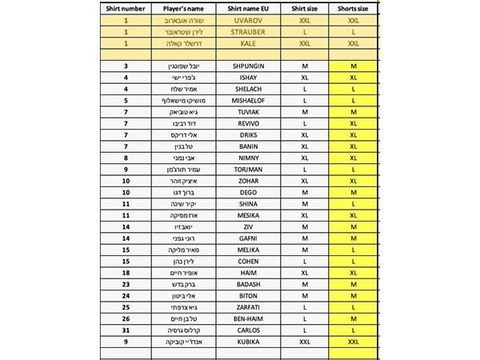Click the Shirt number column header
point(126,7)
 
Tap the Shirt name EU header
point(246,7)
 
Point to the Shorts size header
point(353,7)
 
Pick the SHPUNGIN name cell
point(245,66)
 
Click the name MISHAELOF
point(245,101)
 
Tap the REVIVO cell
point(245,124)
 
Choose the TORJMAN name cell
point(245,170)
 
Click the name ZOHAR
point(245,182)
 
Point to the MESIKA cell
point(245,216)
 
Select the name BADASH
point(245,285)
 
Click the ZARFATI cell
point(245,307)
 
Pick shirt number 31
point(126,330)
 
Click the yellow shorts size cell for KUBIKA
point(353,342)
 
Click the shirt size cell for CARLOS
point(304,330)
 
